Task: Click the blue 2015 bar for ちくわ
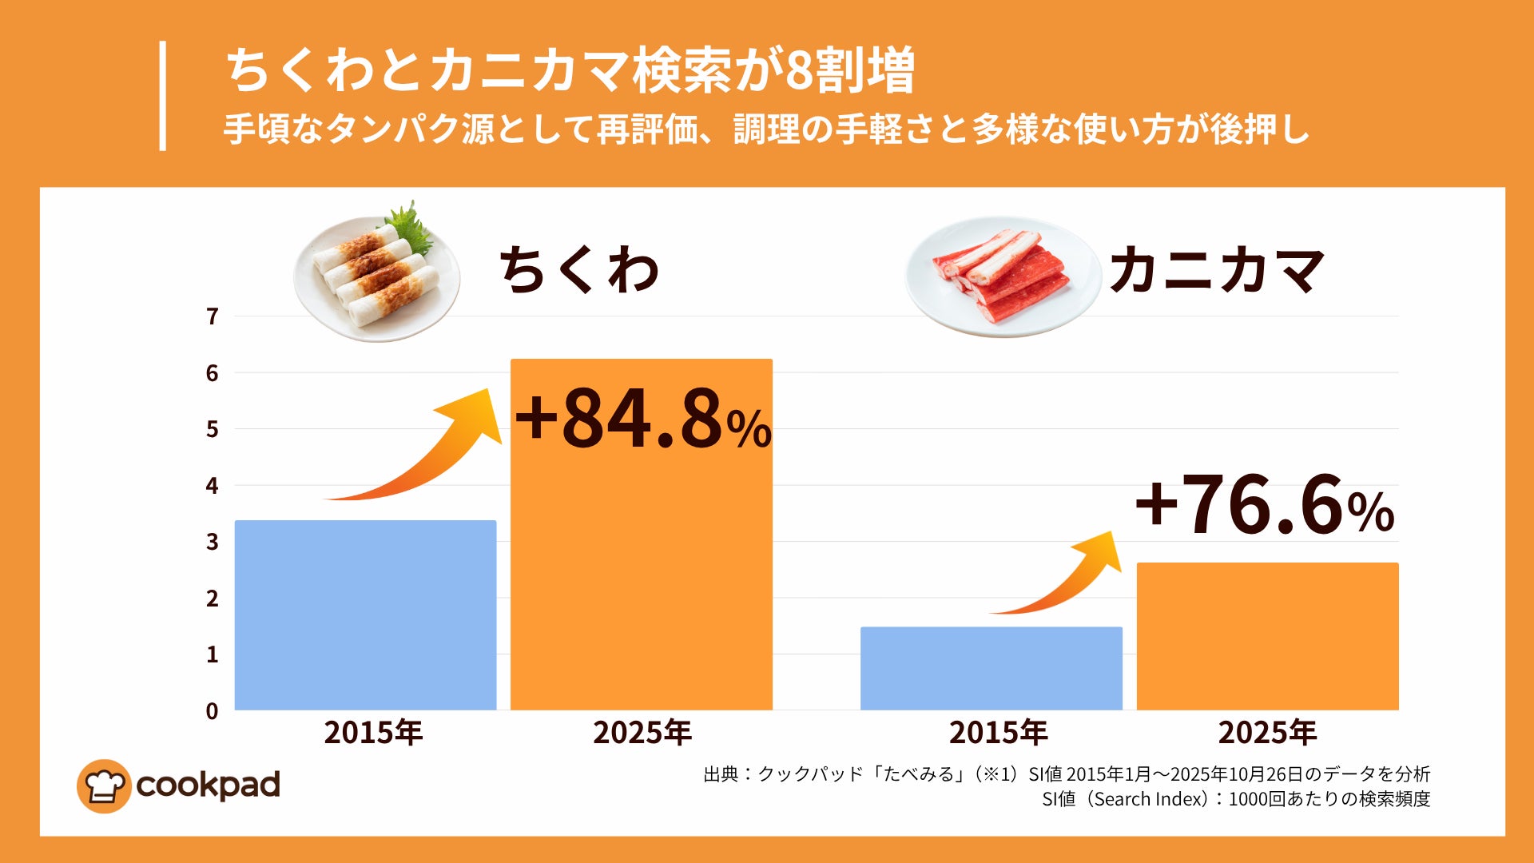pos(365,614)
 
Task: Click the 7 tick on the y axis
pos(212,317)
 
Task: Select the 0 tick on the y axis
pos(212,711)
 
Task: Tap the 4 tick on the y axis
pos(212,486)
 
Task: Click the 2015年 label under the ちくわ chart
pos(373,733)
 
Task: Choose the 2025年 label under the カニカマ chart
pos(1267,733)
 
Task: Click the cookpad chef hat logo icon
pos(104,786)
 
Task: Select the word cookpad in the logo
pos(209,785)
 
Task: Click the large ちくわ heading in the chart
pos(579,270)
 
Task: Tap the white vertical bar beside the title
pos(163,96)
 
